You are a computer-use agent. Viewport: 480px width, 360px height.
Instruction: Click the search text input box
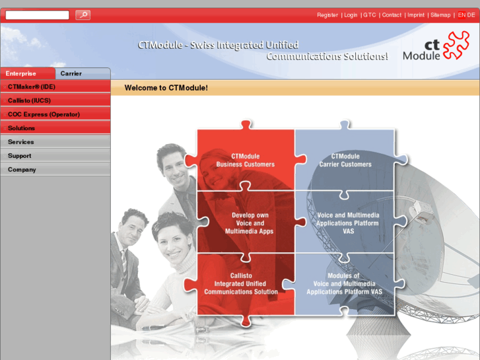pos(38,15)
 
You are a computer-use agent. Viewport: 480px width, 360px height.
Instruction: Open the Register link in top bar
pos(327,15)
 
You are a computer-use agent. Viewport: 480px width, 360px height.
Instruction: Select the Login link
pos(351,15)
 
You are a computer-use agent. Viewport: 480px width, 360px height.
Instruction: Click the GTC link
pos(370,15)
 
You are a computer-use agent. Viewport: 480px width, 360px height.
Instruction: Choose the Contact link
pos(392,15)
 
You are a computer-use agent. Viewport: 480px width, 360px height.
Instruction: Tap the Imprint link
pos(416,15)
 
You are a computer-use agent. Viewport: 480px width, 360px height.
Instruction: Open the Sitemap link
pos(440,15)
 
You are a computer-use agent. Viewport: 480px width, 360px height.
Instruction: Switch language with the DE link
pos(471,15)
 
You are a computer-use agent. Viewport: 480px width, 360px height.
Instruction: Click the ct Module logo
pos(436,47)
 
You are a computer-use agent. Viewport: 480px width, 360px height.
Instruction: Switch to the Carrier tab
pos(71,73)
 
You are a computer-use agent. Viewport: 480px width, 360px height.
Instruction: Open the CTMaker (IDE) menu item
pos(32,87)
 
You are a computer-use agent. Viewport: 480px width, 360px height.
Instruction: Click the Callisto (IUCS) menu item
pos(29,100)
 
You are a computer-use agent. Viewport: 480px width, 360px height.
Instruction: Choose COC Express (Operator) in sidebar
pos(44,114)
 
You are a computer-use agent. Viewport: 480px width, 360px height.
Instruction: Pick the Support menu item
pos(20,156)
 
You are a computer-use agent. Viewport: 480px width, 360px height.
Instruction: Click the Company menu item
pos(22,170)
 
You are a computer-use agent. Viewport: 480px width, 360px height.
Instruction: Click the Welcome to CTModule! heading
pos(166,88)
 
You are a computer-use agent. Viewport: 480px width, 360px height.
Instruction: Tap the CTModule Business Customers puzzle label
pos(245,161)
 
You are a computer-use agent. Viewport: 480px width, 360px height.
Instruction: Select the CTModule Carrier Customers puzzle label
pos(345,161)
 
